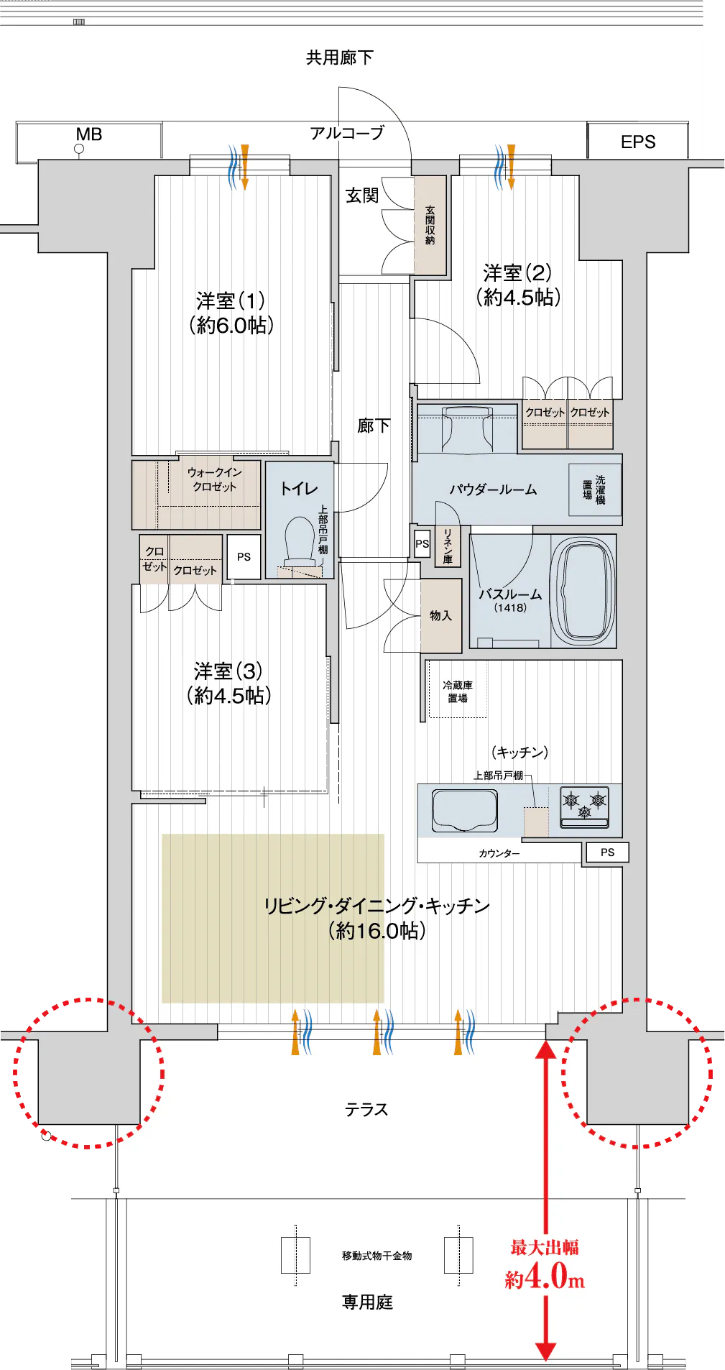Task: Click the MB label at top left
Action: (x=89, y=134)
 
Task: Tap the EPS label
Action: (x=638, y=142)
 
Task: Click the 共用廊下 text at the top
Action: (x=340, y=58)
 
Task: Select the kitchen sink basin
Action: (x=465, y=810)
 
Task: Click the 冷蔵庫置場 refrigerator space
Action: (x=458, y=691)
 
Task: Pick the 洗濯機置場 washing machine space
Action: (x=594, y=489)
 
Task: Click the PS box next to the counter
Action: (x=608, y=852)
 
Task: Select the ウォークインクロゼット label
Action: (x=214, y=479)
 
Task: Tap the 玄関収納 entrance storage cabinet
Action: (x=430, y=225)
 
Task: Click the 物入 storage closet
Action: (x=441, y=615)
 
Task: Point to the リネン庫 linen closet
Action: (x=448, y=546)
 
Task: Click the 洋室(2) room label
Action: (x=518, y=285)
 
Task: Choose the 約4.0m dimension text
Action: (x=545, y=1277)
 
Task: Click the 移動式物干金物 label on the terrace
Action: (x=377, y=1256)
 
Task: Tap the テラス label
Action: (x=366, y=1109)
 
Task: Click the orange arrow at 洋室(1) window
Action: (x=245, y=167)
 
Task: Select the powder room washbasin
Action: (x=468, y=429)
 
